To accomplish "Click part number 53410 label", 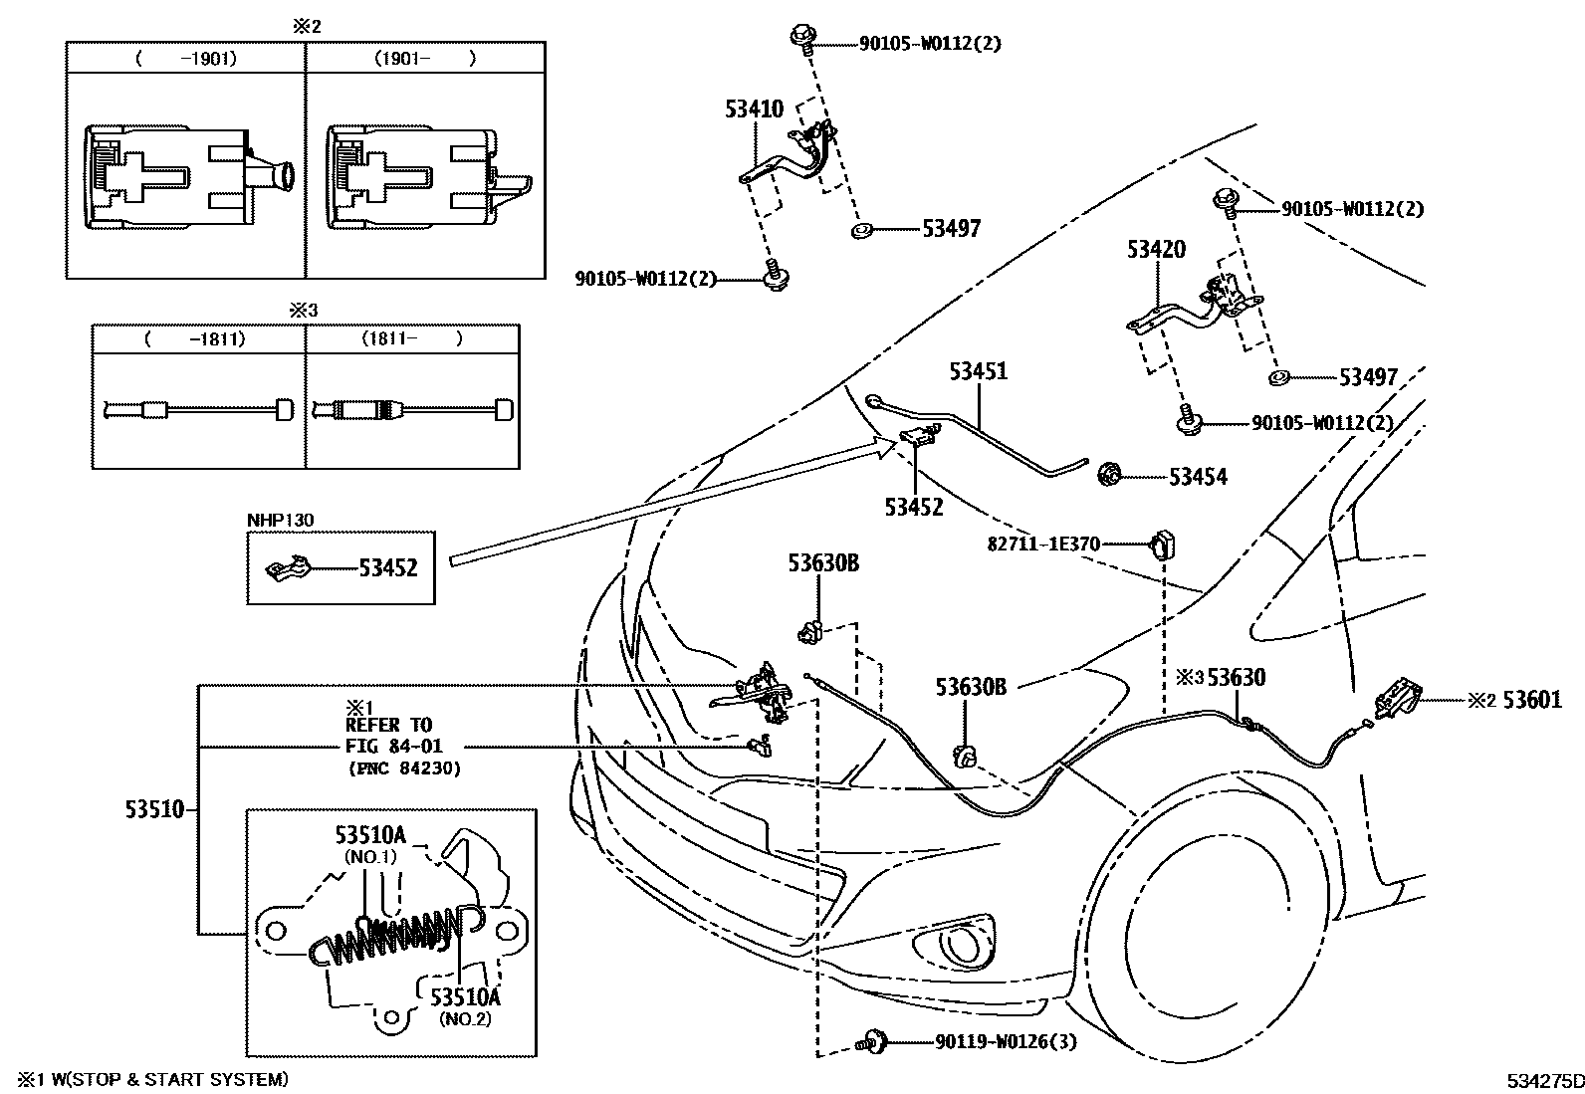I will point(754,109).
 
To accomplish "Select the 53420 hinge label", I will point(1156,249).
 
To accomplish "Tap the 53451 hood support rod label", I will point(978,371).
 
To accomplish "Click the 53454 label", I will point(1198,477).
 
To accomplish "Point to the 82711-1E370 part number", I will point(1044,545).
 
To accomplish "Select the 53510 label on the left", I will point(154,809).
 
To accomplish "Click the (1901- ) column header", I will point(425,59).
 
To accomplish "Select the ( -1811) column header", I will point(196,339).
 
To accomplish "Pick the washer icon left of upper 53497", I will point(861,232).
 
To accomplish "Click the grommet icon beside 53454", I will point(1108,477).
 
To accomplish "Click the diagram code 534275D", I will point(1542,1079).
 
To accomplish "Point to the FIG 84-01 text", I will point(393,746).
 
